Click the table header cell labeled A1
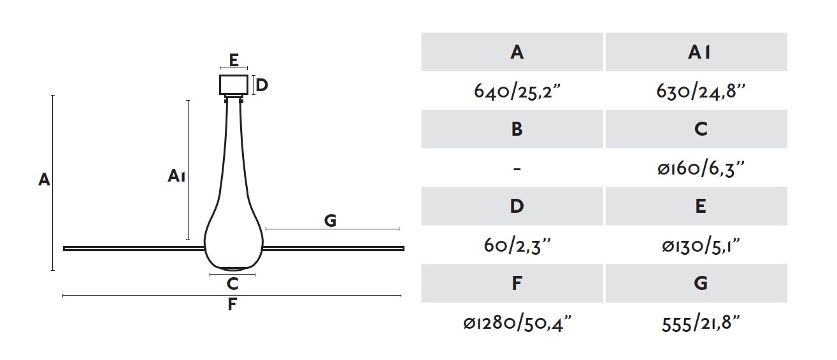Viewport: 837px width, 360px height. pos(696,52)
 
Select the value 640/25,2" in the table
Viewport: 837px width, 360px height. pos(517,91)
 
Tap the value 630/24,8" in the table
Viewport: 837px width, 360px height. pos(701,91)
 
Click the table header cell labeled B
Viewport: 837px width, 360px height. pos(512,129)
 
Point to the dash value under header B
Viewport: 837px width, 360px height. pos(517,169)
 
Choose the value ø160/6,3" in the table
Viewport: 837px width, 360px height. pos(701,168)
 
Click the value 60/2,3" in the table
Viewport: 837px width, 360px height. pos(517,245)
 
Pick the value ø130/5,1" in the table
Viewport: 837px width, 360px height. pos(701,245)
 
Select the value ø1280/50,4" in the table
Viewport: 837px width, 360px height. pos(517,322)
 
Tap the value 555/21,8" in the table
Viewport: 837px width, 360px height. pos(701,323)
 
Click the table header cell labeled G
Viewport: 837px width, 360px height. pos(696,283)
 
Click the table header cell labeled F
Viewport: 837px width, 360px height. pos(512,283)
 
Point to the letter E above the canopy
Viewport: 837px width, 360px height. pos(234,60)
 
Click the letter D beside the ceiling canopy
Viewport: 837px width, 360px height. pos(262,85)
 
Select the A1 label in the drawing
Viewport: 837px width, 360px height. pos(176,176)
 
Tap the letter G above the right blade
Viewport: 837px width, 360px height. pos(331,220)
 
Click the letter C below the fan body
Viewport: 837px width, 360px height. pos(232,284)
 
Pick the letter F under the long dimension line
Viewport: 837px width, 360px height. pos(232,305)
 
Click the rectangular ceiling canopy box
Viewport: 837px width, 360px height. pos(234,85)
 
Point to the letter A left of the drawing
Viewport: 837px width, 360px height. pos(44,180)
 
